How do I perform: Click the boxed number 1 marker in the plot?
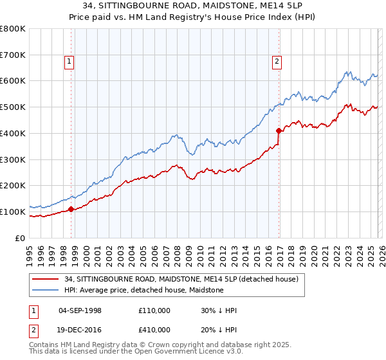pos(69,62)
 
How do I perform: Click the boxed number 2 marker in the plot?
pos(276,62)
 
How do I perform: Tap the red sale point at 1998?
pos(71,208)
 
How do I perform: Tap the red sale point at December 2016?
pos(279,130)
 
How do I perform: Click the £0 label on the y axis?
pos(21,238)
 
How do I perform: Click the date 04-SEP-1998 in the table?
pos(80,310)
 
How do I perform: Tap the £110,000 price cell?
pos(154,310)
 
